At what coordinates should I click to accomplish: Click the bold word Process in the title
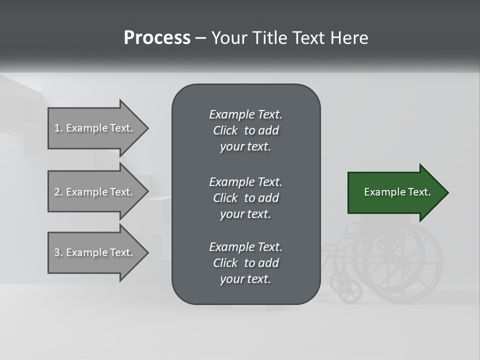(x=157, y=38)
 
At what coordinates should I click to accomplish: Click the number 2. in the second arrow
(x=58, y=192)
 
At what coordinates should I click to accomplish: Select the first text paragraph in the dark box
(x=245, y=130)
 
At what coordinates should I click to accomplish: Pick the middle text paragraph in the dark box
(x=245, y=198)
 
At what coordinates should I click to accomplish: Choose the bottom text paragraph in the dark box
(x=245, y=263)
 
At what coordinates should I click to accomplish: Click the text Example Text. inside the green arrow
(x=397, y=192)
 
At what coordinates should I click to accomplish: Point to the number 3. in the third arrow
(x=58, y=252)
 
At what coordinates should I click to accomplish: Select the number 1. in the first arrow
(x=58, y=128)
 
